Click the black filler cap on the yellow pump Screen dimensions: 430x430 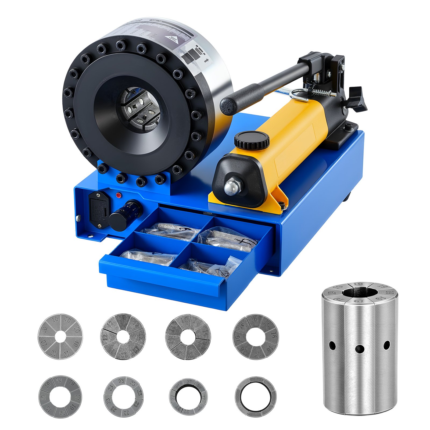[x=252, y=140]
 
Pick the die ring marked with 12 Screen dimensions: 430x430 [x=123, y=336]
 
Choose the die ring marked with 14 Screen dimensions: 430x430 [x=188, y=337]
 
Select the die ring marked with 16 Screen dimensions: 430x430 [x=256, y=337]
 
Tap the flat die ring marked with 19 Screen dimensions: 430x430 [x=60, y=397]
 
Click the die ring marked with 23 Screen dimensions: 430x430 [x=123, y=397]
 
